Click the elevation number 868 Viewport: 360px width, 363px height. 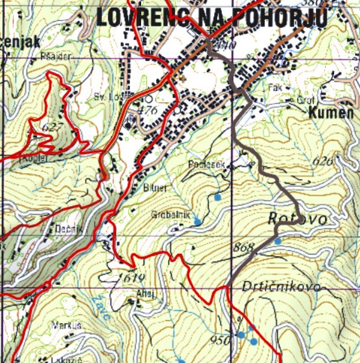tap(243, 248)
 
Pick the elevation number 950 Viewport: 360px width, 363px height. tap(221, 341)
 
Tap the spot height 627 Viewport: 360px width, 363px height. tap(53, 127)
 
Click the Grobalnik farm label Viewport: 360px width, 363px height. tap(171, 214)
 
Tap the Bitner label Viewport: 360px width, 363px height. tap(154, 188)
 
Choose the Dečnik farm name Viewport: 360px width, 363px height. tap(65, 230)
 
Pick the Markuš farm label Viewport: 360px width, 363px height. tap(66, 326)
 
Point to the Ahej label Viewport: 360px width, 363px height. tap(147, 294)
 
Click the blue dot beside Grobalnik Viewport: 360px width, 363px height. tap(197, 223)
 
